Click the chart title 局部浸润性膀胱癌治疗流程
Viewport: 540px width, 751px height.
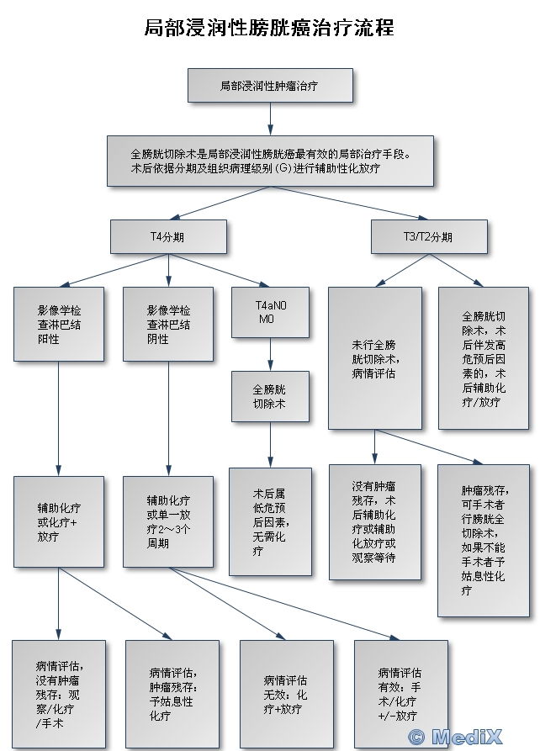(x=269, y=29)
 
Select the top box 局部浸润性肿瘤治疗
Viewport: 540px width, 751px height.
(x=269, y=86)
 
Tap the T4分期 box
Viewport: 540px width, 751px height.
(x=168, y=236)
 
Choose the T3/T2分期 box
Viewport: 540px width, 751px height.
(x=429, y=236)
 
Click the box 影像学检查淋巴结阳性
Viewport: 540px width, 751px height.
(x=59, y=324)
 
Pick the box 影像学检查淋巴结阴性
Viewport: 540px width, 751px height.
(x=168, y=324)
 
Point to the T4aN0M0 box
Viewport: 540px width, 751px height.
(x=271, y=313)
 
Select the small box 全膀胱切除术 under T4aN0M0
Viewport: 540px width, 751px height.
(x=271, y=396)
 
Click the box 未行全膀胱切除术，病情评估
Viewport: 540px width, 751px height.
(x=374, y=357)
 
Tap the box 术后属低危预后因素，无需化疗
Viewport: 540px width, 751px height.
(x=271, y=521)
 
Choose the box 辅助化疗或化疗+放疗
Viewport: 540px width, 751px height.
(x=59, y=521)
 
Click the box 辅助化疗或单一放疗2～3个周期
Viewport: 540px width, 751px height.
(x=168, y=521)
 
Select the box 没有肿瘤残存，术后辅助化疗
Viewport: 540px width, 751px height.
(x=374, y=521)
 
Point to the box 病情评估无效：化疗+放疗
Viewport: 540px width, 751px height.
(x=286, y=694)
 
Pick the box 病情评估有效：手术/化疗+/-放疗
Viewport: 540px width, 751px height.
(x=400, y=694)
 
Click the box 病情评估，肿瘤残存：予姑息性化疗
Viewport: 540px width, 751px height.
(x=172, y=694)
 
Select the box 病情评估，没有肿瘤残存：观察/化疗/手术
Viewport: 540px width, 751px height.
(x=59, y=694)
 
